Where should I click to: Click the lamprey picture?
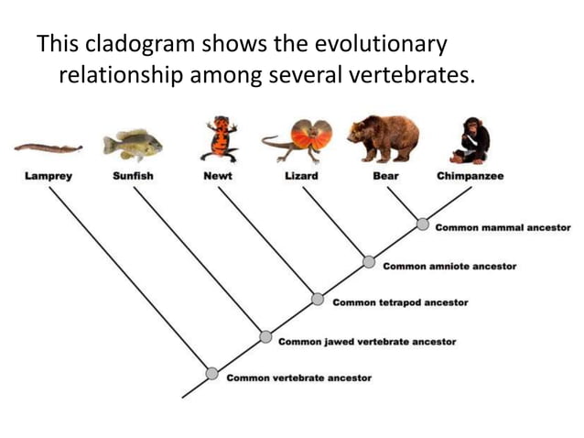tap(48, 147)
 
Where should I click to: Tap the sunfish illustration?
tap(133, 144)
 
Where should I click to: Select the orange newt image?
tap(218, 138)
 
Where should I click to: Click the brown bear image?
tap(384, 137)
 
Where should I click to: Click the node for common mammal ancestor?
tap(422, 224)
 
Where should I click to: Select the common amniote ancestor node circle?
tap(369, 262)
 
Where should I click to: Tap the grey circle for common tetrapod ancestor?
tap(317, 299)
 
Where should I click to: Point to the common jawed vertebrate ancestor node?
tap(265, 336)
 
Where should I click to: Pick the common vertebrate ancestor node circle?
tap(212, 373)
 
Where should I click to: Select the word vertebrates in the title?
tap(413, 74)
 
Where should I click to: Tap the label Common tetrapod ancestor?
tap(400, 302)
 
